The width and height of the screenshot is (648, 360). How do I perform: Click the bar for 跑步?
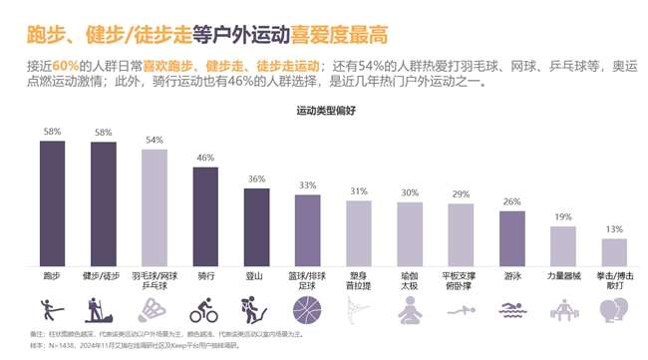52,201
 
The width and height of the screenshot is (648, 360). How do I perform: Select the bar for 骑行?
205,214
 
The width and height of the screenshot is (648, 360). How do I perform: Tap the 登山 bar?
256,225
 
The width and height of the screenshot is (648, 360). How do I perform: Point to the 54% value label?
154,141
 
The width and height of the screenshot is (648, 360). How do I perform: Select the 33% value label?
307,185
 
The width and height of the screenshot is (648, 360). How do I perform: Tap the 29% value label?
461,194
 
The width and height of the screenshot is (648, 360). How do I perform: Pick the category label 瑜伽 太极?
410,277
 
